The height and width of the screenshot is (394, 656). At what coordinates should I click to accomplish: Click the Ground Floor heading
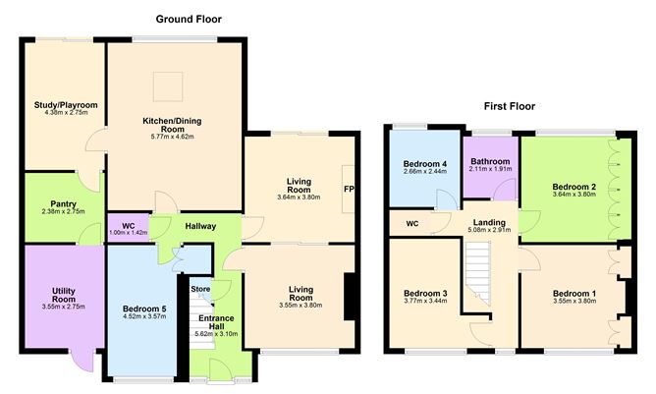(189, 19)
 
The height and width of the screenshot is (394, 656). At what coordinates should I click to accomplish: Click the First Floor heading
(516, 105)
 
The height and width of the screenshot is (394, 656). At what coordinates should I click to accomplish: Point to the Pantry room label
(64, 204)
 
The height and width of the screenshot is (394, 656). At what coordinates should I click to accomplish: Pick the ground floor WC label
(128, 227)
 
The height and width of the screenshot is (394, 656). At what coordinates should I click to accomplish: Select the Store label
(200, 289)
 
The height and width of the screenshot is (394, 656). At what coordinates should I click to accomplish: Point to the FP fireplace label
(348, 189)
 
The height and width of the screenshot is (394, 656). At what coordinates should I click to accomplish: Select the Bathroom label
(489, 160)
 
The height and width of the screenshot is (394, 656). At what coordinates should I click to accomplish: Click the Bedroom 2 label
(574, 186)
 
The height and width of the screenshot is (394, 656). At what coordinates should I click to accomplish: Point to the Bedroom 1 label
(574, 293)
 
